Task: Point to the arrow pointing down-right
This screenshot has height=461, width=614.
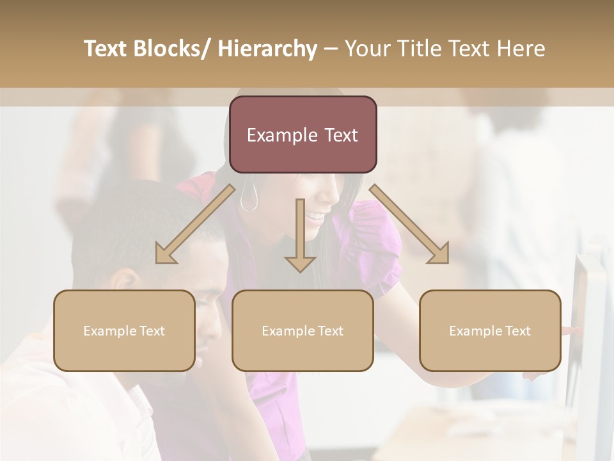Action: coord(409,224)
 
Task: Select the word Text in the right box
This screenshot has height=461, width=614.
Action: coord(517,331)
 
